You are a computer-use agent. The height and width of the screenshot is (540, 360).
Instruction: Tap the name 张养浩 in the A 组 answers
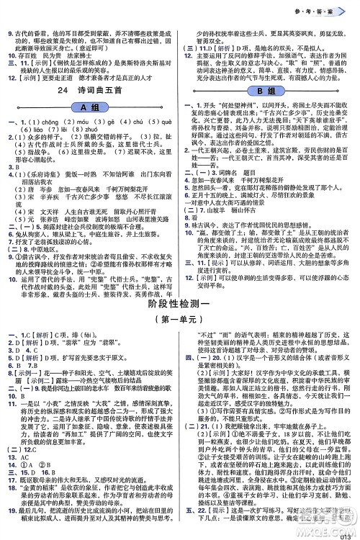pyautogui.click(x=63, y=217)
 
